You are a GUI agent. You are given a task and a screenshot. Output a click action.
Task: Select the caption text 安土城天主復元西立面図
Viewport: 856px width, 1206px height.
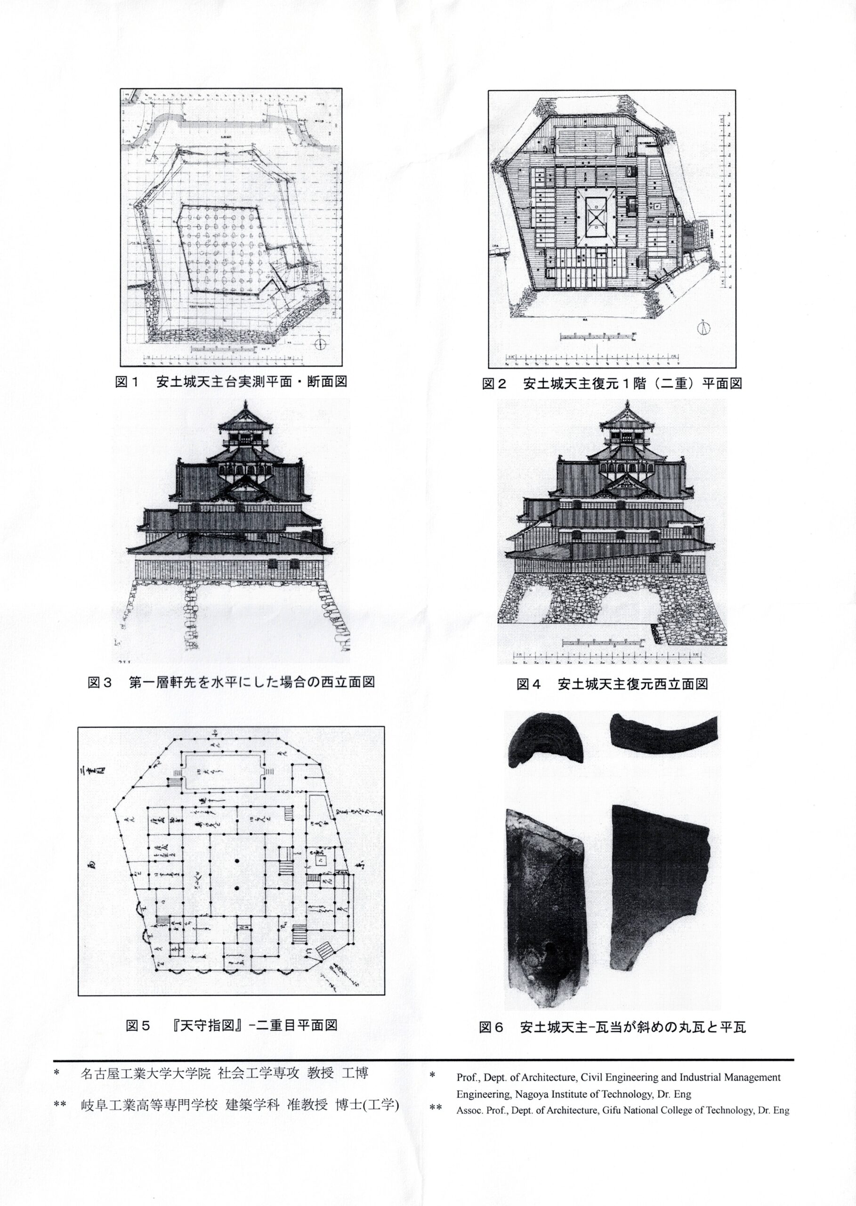(632, 684)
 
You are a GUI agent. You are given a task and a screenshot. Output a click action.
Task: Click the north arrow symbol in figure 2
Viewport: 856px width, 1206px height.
(704, 327)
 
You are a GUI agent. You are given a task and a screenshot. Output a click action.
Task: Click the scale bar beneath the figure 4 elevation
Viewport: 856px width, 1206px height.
(604, 642)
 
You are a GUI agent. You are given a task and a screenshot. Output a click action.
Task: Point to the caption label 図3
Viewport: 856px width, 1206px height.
(100, 682)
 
